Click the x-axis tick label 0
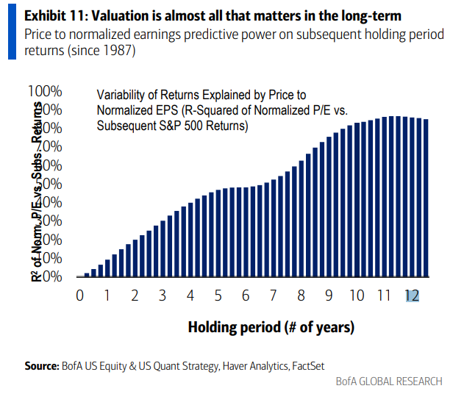click(79, 295)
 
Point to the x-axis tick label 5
click(218, 295)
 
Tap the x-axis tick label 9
click(328, 295)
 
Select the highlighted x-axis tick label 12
click(412, 295)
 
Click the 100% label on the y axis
click(46, 91)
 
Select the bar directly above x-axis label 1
click(107, 268)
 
